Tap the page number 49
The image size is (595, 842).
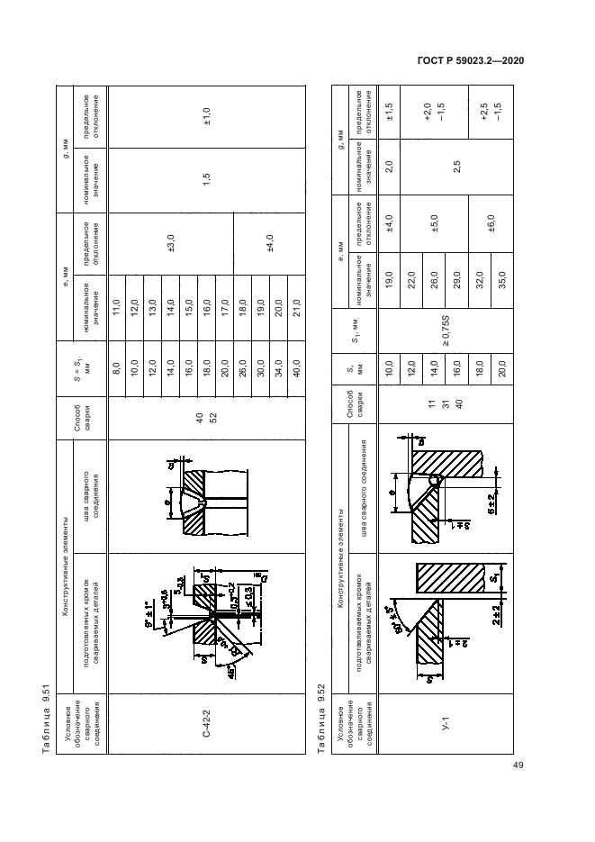click(518, 765)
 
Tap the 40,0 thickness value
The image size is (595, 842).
click(295, 367)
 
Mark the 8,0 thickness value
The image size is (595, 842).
click(116, 367)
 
